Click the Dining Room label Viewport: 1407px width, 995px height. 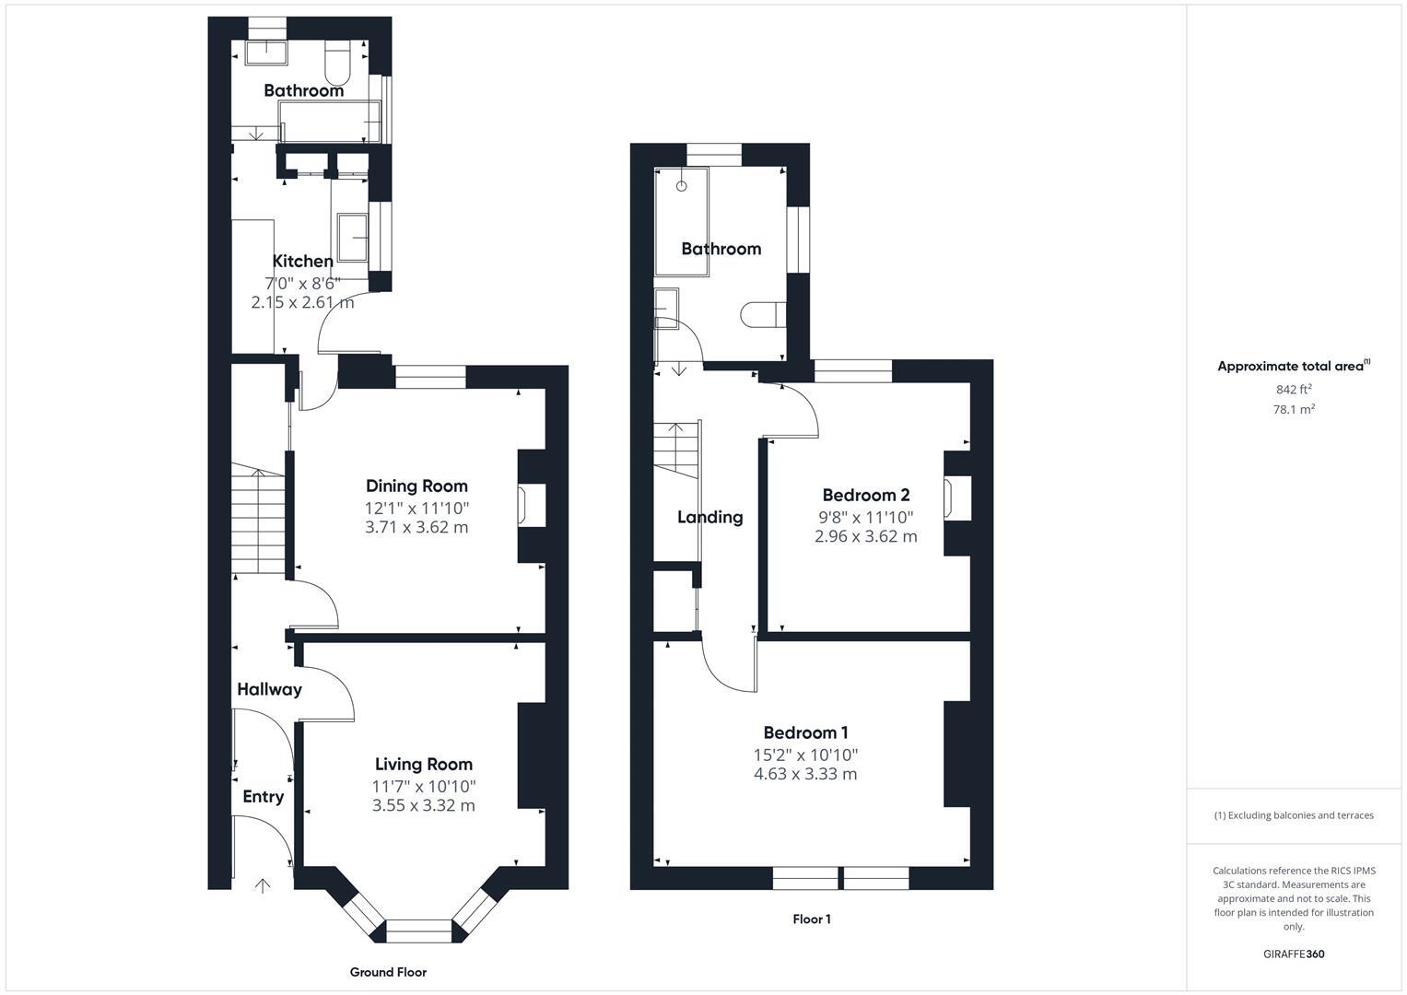pyautogui.click(x=416, y=486)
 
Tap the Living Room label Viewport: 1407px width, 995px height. pyautogui.click(x=423, y=764)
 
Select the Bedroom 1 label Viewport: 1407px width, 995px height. pyautogui.click(x=805, y=732)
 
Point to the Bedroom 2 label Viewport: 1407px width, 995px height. pyautogui.click(x=865, y=495)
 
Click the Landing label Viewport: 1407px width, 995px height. pyautogui.click(x=709, y=517)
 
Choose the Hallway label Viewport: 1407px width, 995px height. pyautogui.click(x=269, y=689)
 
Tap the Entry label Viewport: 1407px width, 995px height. pyautogui.click(x=263, y=797)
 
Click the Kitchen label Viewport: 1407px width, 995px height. pyautogui.click(x=302, y=261)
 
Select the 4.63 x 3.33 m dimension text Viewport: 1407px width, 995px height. pyautogui.click(x=805, y=774)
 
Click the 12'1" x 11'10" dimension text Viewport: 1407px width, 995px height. pyautogui.click(x=416, y=508)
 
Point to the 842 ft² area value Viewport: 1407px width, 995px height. pyautogui.click(x=1293, y=390)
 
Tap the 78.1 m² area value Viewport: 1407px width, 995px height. pyautogui.click(x=1293, y=410)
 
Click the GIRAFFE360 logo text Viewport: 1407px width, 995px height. pyautogui.click(x=1293, y=954)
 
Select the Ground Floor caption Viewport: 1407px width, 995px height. pyautogui.click(x=388, y=972)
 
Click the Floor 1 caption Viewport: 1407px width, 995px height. pyautogui.click(x=812, y=919)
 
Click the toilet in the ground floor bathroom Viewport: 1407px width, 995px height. pyautogui.click(x=337, y=62)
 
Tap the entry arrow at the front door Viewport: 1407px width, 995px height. pyautogui.click(x=263, y=885)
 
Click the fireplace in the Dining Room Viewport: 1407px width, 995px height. pyautogui.click(x=525, y=506)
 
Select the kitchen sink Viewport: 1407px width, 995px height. pyautogui.click(x=353, y=238)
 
